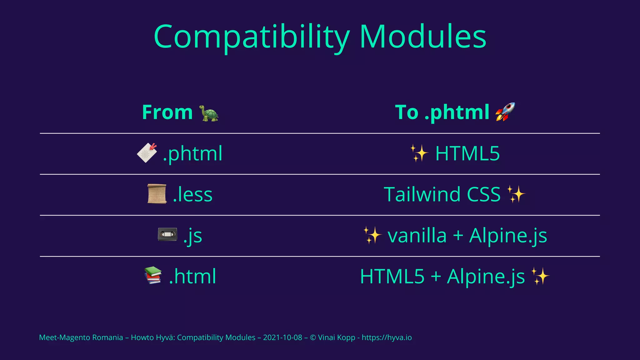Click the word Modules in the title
click(422, 37)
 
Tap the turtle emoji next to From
click(209, 113)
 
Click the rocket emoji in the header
click(505, 112)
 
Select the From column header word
click(167, 112)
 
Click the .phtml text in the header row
click(457, 112)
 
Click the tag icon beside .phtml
click(147, 153)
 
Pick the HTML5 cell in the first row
click(467, 153)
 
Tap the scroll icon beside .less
click(157, 194)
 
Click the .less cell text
click(192, 194)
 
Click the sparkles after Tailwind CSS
click(516, 194)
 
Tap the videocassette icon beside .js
click(167, 234)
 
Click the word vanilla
click(417, 235)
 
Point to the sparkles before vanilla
click(372, 235)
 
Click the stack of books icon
click(153, 275)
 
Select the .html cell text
click(192, 276)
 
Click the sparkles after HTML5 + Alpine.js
click(540, 276)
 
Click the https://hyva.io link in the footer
click(387, 337)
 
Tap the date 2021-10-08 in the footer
click(282, 337)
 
